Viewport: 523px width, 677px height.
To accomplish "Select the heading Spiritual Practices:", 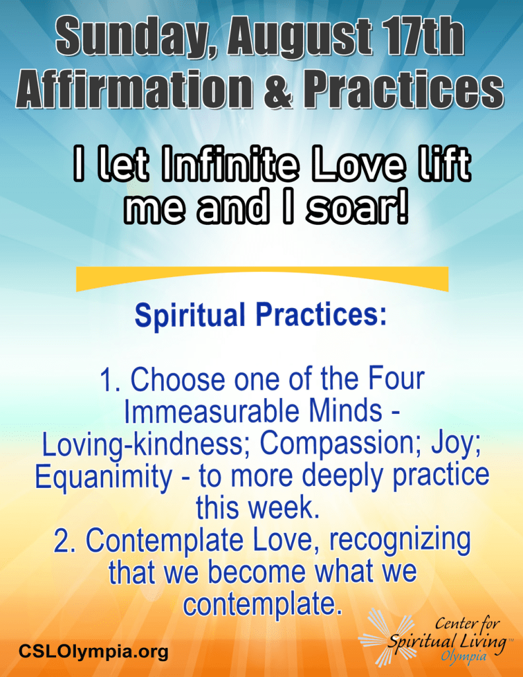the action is tap(261, 315).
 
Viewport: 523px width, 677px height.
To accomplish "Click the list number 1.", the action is tap(110, 379).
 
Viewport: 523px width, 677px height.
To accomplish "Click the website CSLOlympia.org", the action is tap(93, 651).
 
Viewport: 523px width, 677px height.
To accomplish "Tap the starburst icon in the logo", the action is tap(385, 638).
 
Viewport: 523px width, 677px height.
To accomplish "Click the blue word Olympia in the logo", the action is tap(464, 657).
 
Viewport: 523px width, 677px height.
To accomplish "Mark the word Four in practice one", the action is tap(396, 379).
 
